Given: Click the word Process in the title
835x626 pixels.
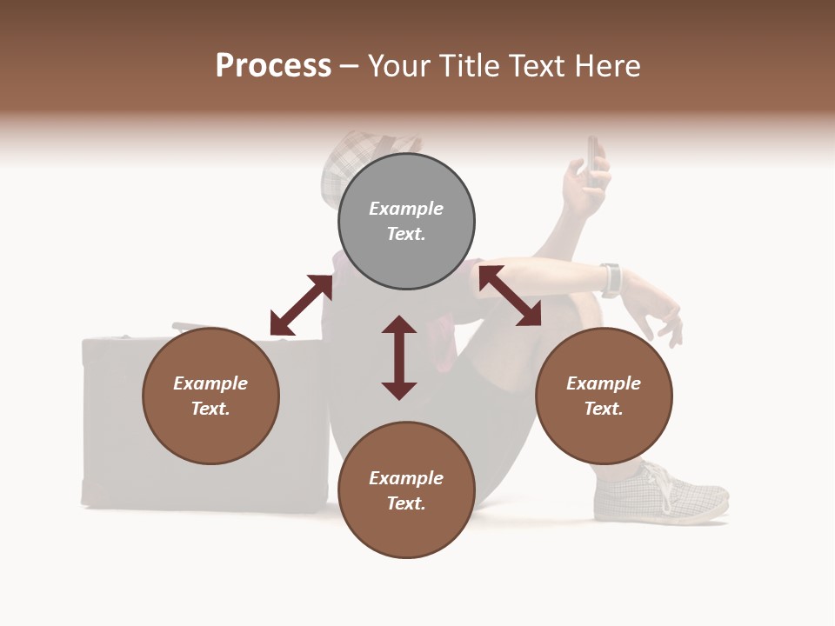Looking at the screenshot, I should tap(273, 66).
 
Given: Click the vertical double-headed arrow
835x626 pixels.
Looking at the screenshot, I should tap(399, 357).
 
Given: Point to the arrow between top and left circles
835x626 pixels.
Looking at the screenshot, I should tap(301, 305).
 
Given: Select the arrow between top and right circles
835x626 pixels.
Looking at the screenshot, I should tap(510, 296).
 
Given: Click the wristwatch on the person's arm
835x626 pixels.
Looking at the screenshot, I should tap(611, 279).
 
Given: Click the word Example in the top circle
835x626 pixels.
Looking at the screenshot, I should tap(406, 209).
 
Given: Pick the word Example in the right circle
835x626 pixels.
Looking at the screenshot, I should tap(604, 383).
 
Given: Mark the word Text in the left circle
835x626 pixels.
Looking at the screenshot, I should tap(210, 409).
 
